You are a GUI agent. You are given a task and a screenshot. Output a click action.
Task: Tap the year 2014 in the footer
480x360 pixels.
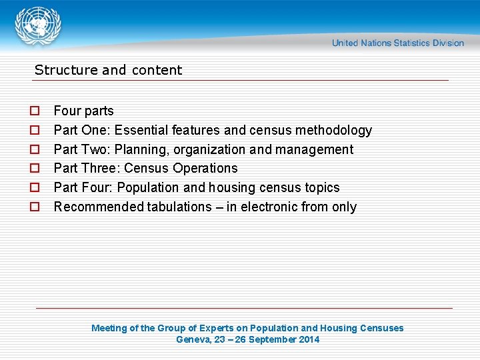coord(309,339)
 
